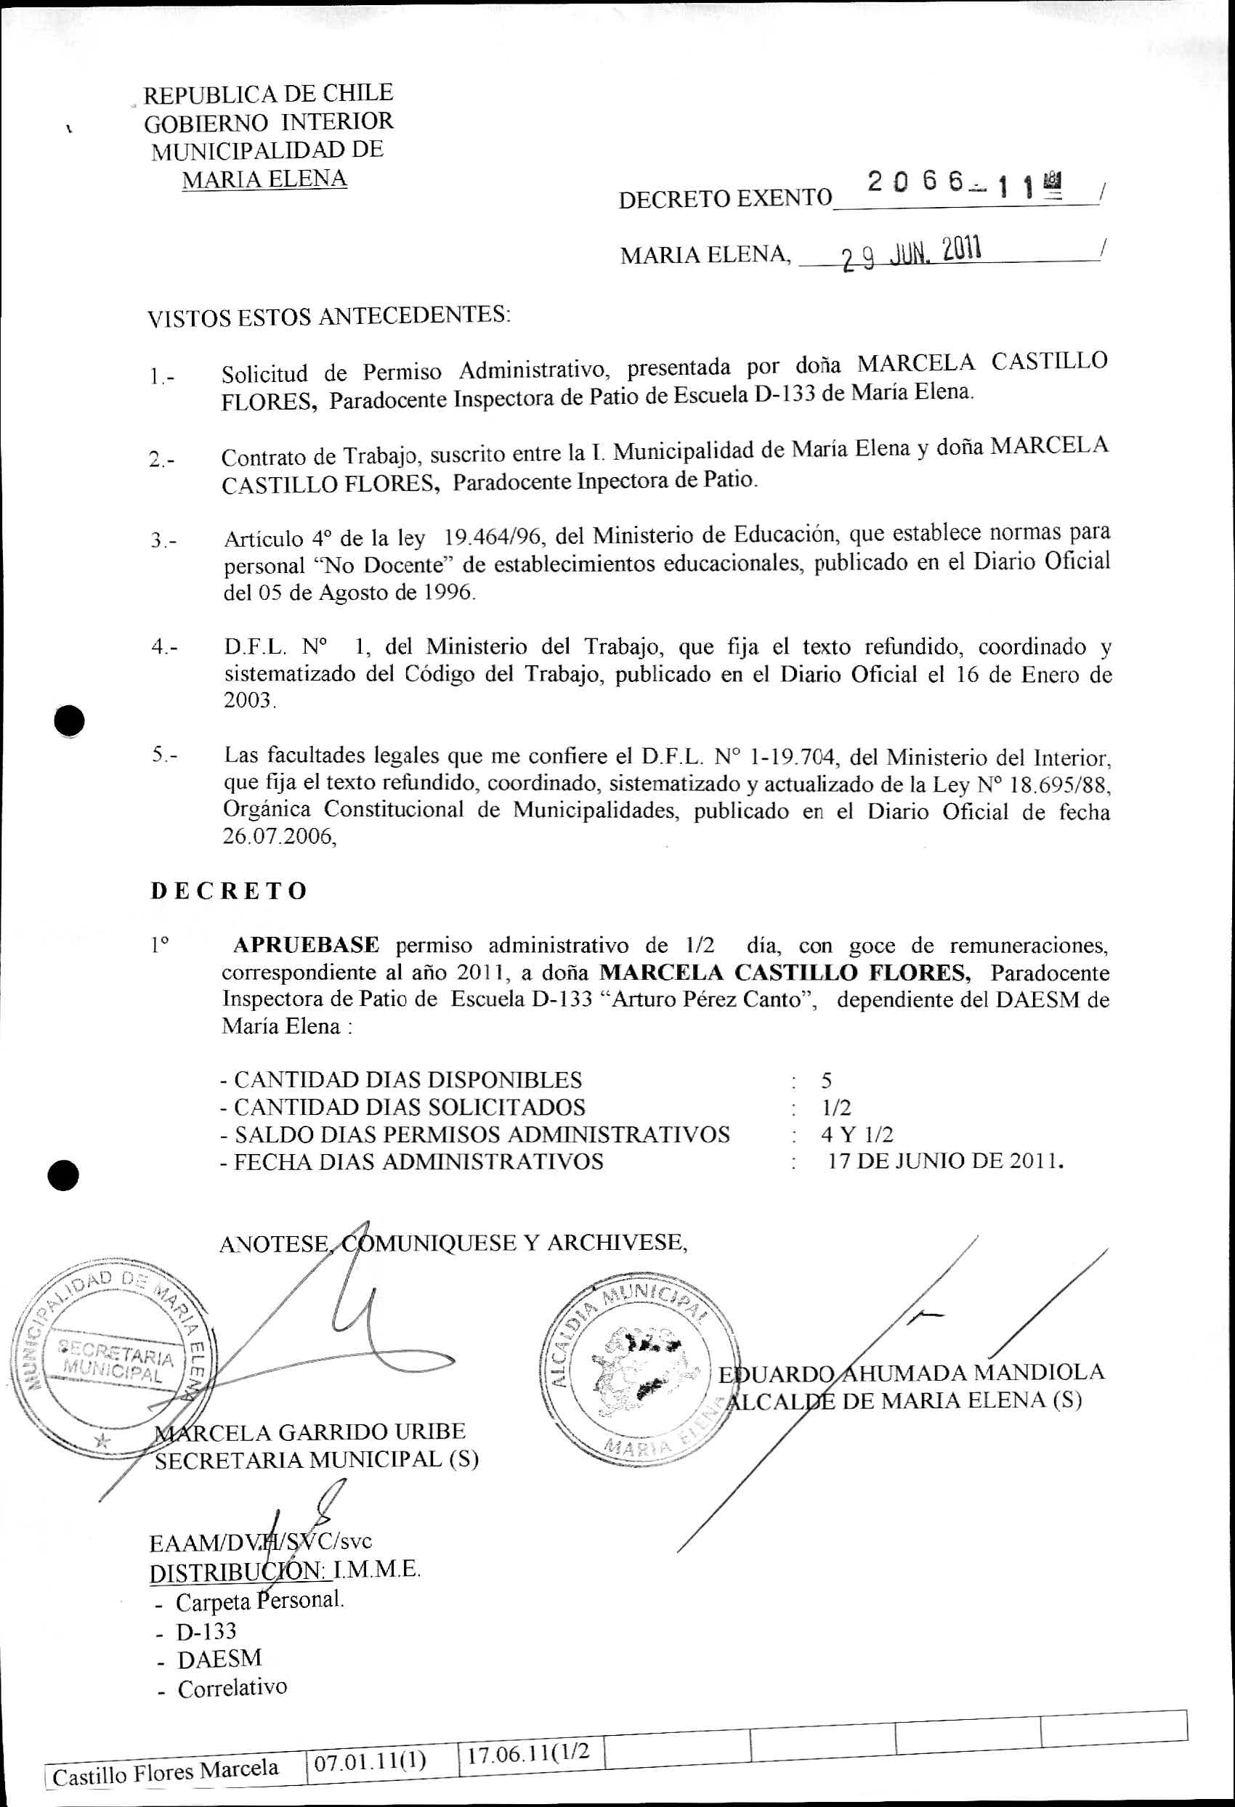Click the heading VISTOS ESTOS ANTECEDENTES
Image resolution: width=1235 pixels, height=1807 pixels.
(x=328, y=317)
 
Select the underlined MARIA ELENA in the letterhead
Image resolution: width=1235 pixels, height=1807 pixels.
(x=264, y=179)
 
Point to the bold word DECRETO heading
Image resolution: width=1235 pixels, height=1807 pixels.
(x=229, y=890)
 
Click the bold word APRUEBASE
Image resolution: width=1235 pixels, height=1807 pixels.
(x=307, y=946)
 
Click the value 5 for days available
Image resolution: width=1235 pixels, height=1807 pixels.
(x=826, y=1080)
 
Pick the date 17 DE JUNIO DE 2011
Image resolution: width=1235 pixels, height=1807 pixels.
(x=945, y=1161)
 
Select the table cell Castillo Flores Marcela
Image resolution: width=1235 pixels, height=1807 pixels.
(x=166, y=1770)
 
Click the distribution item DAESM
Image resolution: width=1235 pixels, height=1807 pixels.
(x=219, y=1659)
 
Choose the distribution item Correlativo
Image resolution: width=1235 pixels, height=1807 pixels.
(x=232, y=1688)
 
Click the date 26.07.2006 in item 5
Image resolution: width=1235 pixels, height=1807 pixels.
(x=278, y=837)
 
